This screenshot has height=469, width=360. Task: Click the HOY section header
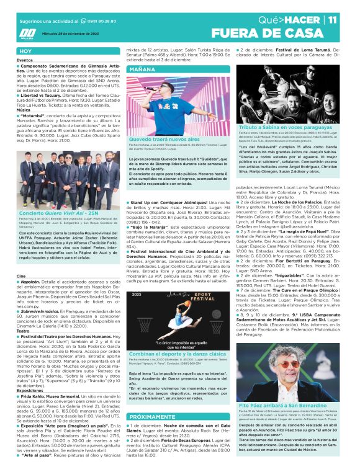25,51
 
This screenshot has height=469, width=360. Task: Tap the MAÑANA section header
142,69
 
